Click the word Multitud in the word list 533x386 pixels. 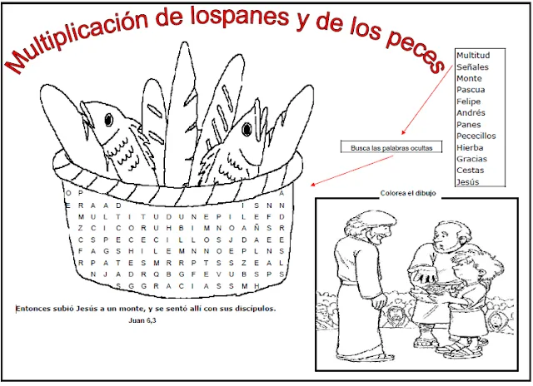(x=473, y=55)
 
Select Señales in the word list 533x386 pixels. (x=472, y=67)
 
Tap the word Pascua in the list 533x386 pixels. (x=471, y=90)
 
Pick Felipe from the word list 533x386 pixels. (x=470, y=101)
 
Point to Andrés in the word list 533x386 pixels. (x=471, y=113)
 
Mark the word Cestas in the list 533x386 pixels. (x=471, y=171)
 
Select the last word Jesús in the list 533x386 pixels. (x=469, y=182)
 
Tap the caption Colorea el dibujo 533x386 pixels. (x=407, y=193)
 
